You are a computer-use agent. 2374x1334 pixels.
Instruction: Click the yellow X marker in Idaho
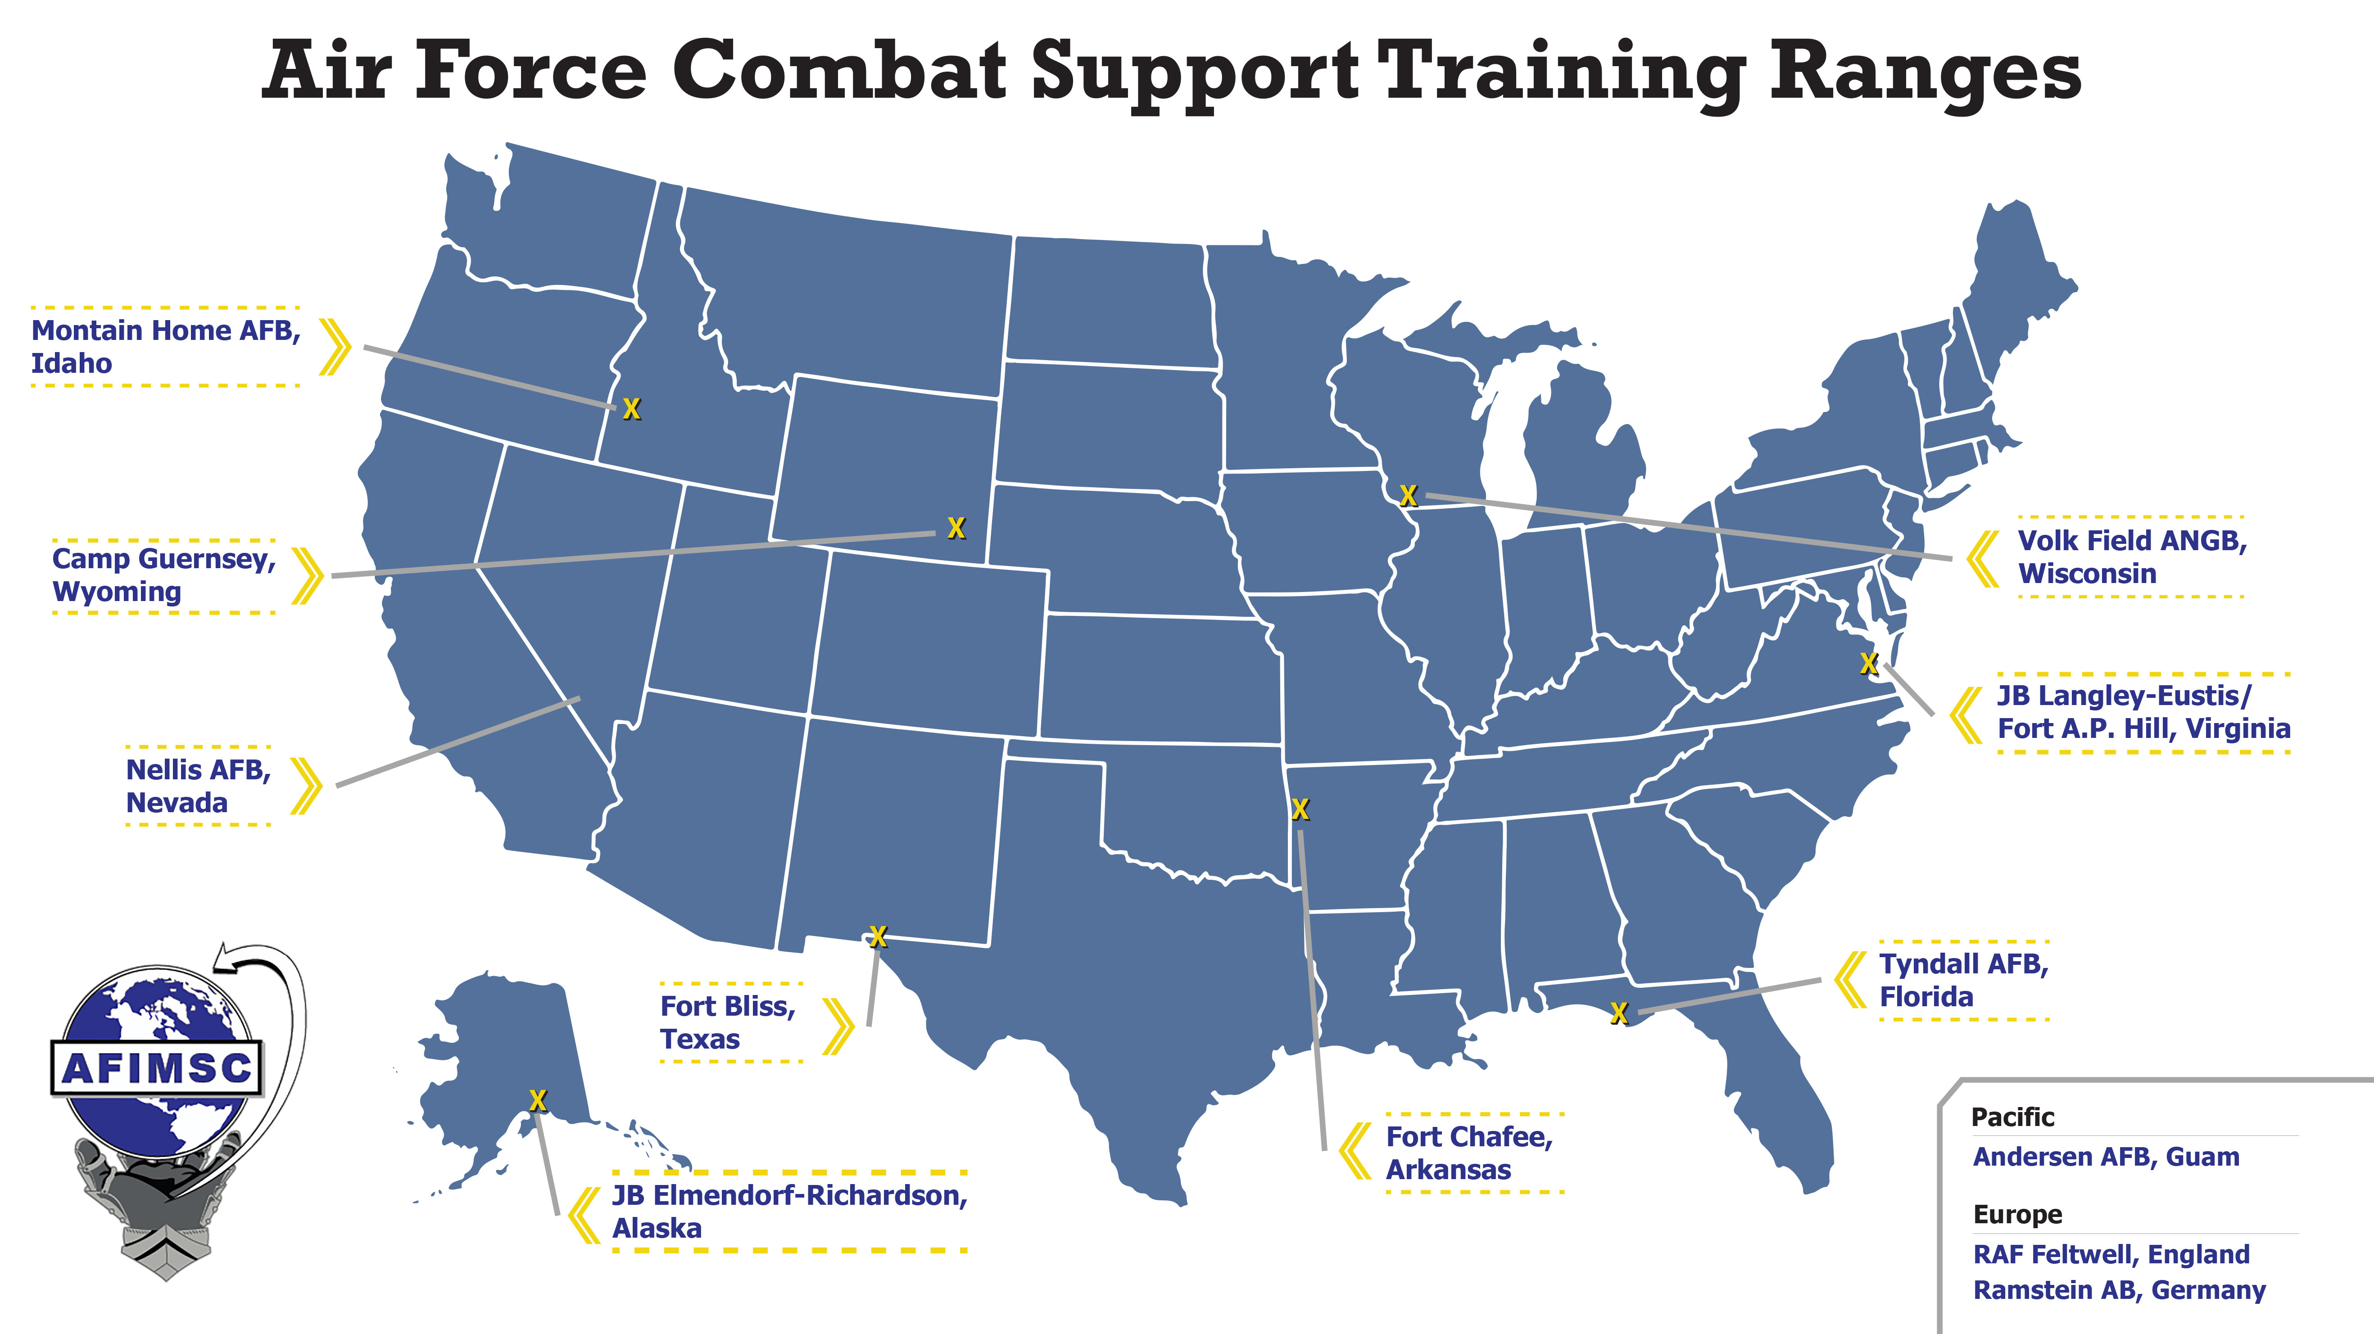631,409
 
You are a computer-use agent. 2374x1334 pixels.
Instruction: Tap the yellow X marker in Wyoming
956,528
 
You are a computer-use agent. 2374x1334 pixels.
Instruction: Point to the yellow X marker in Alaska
538,1100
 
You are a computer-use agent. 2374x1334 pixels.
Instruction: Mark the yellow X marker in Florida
1619,1013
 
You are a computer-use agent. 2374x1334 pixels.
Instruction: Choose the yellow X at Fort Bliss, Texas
878,937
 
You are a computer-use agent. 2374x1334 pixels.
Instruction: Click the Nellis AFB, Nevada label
198,786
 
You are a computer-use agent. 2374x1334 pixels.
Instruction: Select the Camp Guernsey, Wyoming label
164,575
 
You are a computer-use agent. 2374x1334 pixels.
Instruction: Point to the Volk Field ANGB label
2132,556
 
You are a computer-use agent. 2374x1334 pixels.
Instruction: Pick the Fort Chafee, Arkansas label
1469,1153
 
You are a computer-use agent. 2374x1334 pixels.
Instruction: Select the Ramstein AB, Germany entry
2119,1290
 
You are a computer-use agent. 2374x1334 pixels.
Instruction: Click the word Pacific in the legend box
2013,1117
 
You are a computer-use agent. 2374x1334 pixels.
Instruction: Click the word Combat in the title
838,72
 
